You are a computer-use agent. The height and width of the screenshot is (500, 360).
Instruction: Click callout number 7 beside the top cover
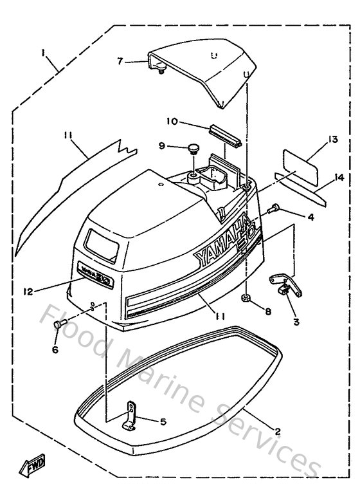point(120,62)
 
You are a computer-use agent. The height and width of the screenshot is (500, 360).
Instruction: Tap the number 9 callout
point(162,146)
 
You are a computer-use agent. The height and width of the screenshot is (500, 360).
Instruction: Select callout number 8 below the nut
point(268,311)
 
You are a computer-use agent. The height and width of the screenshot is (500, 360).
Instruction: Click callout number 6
point(55,349)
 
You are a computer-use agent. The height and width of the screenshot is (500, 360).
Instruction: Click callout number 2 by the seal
point(277,432)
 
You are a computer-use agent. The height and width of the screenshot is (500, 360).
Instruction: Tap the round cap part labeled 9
point(191,150)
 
